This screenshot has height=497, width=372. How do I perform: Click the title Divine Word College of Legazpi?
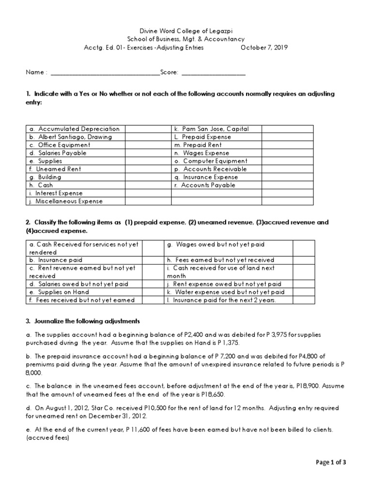186,30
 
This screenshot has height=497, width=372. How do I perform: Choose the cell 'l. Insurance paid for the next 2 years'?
228,300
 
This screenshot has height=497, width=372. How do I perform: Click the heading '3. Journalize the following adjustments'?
83,321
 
